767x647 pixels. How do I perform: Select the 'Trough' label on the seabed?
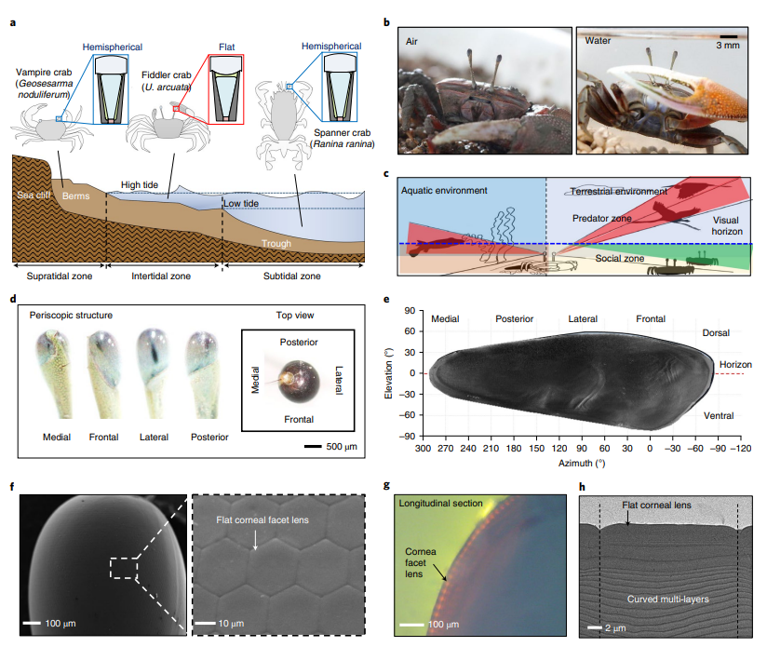278,244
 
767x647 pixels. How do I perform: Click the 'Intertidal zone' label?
163,276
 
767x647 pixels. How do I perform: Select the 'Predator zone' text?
600,217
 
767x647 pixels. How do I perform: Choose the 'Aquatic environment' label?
444,190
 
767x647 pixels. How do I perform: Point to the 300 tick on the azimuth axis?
423,448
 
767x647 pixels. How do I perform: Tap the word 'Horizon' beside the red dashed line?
735,364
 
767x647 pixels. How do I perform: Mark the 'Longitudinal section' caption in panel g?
440,504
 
